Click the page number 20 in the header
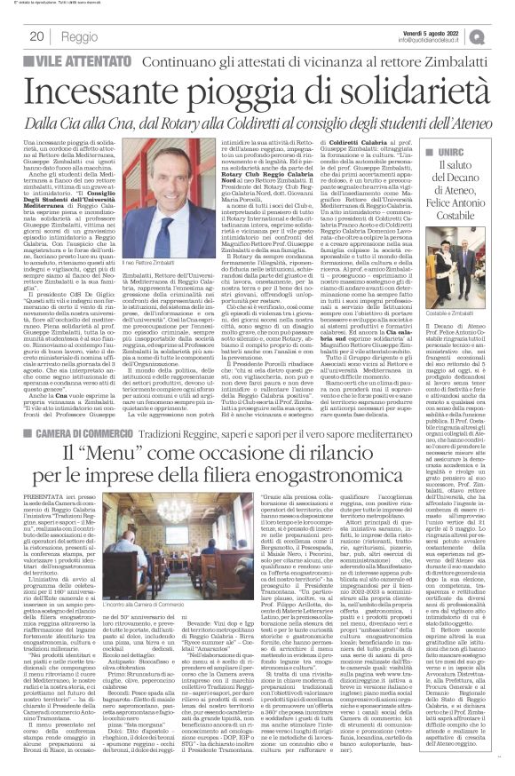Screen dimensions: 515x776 tap(36, 36)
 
